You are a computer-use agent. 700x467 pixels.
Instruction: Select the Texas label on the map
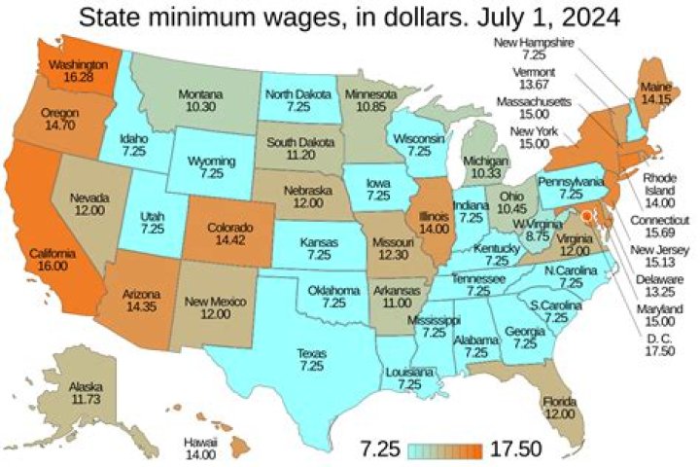[311, 360]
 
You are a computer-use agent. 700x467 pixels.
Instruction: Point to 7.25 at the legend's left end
[380, 449]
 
